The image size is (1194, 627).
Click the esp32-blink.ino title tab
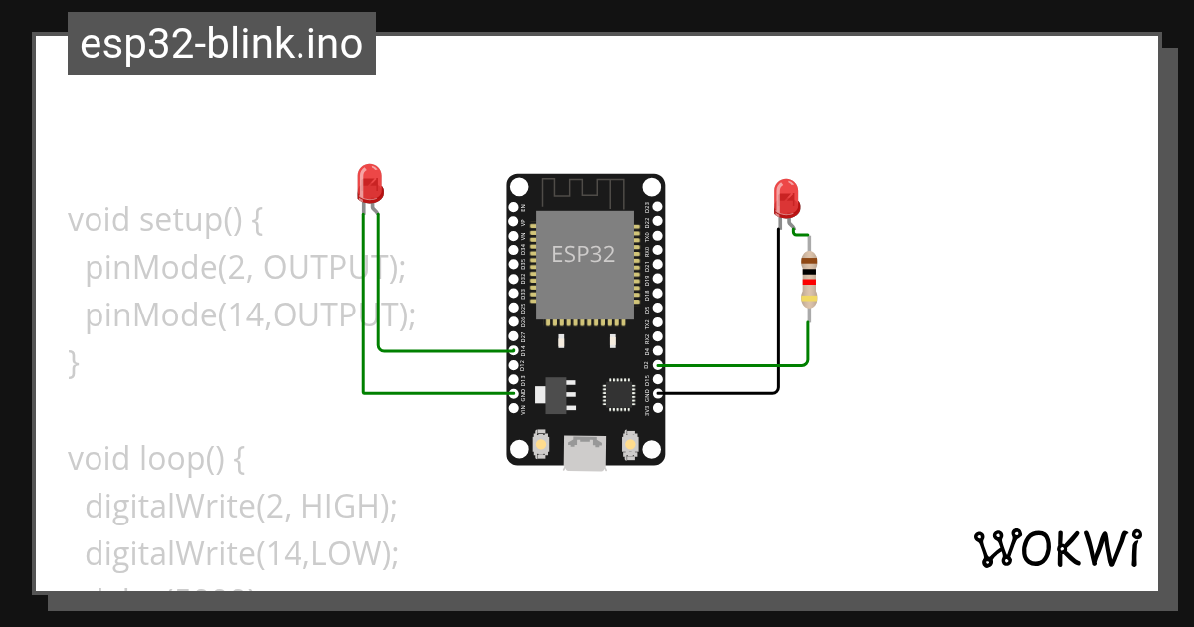[x=221, y=44]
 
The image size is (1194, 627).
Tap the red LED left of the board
[x=370, y=184]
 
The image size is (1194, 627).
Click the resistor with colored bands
[x=810, y=279]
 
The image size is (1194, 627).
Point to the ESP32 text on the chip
[x=583, y=254]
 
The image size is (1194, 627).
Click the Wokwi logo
[x=1057, y=548]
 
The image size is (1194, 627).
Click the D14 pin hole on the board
[x=514, y=351]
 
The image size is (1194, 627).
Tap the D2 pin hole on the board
[x=657, y=365]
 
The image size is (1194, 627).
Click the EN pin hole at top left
[x=514, y=208]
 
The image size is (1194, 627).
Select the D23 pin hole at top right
[x=657, y=208]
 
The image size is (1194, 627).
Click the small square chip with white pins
[x=618, y=394]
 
